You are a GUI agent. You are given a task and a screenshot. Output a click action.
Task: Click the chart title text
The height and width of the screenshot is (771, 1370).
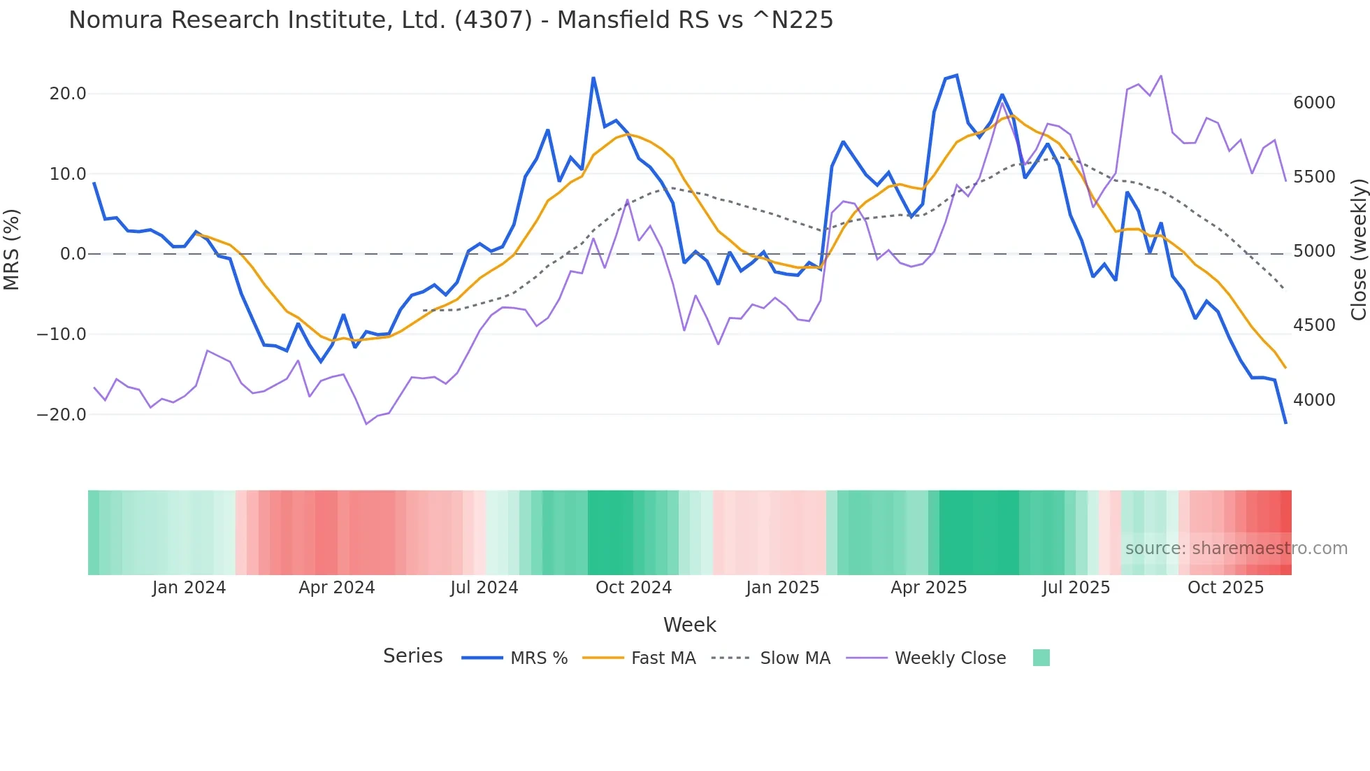tap(451, 20)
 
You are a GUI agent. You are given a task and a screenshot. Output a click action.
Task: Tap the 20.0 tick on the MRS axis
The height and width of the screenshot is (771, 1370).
tap(67, 94)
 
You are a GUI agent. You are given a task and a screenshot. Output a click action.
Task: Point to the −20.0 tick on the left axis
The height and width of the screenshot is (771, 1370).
tap(62, 414)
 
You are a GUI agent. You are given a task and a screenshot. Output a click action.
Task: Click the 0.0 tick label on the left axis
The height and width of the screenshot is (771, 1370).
tap(73, 254)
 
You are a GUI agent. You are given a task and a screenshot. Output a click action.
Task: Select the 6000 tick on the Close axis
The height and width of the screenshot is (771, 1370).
tap(1314, 103)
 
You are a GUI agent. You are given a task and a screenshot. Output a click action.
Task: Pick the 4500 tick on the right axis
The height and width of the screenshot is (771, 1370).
tap(1314, 325)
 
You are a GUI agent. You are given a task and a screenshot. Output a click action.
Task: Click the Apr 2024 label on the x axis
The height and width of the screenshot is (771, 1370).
tap(337, 588)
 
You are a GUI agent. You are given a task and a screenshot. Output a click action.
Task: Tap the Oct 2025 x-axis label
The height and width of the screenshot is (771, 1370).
tap(1225, 588)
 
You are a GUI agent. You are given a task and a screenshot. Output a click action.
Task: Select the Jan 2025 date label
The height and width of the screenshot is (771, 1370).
tap(782, 588)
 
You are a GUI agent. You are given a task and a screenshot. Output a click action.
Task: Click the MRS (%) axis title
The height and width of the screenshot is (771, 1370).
tap(12, 249)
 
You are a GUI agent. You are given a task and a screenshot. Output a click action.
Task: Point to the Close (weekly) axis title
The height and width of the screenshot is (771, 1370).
tap(1358, 250)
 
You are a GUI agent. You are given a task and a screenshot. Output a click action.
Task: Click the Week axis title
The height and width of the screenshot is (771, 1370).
tap(689, 625)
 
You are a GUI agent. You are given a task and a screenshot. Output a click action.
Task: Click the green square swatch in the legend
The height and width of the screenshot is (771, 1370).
tap(1041, 658)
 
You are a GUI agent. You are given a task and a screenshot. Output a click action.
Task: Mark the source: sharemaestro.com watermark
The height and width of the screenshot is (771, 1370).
tap(1236, 549)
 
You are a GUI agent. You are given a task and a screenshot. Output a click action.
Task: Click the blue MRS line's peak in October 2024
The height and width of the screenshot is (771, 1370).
tap(593, 78)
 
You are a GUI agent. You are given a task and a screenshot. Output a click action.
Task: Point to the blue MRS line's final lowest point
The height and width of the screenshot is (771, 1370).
tap(1285, 423)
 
